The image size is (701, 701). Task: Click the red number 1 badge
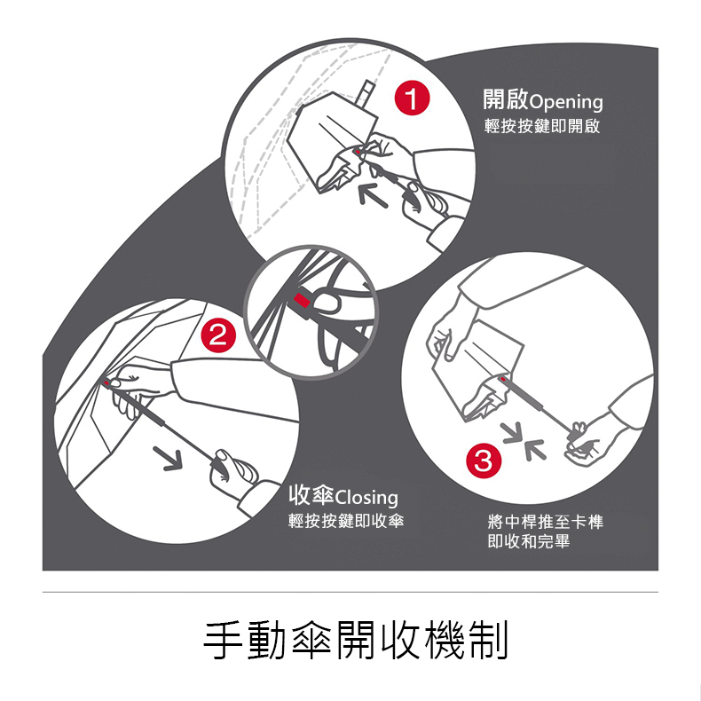point(412,98)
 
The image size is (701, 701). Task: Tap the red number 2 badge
point(218,335)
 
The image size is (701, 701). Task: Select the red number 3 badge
point(484,461)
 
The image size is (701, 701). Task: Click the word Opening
point(566,102)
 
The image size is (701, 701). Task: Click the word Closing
point(366,497)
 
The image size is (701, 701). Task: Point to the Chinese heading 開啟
point(506,99)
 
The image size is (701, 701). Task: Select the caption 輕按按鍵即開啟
point(542,127)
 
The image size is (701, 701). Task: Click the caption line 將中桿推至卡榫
point(546,521)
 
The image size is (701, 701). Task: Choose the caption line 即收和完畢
point(529,541)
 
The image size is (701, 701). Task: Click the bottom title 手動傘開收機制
point(356,640)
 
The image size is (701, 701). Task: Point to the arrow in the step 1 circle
point(374,197)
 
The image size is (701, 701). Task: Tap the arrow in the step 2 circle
point(168,458)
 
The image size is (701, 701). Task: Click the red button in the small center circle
point(302,301)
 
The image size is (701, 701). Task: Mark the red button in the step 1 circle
point(358,153)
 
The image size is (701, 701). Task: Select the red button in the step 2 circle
point(106,383)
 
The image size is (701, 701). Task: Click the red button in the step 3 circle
point(503,380)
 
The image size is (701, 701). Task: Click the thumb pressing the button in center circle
point(327,302)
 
